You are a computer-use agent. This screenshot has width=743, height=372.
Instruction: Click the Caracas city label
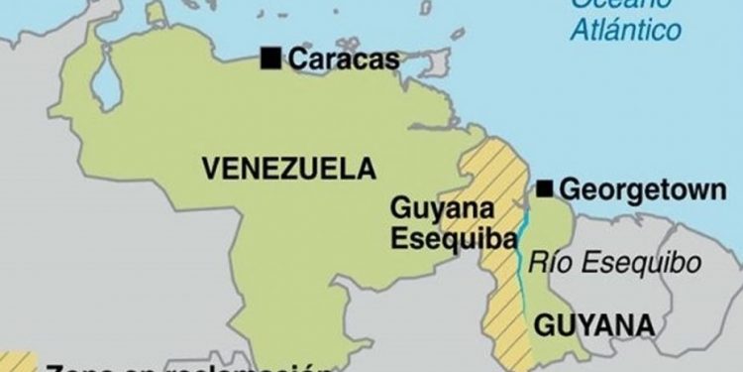pyautogui.click(x=344, y=59)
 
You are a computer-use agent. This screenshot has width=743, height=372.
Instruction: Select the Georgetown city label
pyautogui.click(x=642, y=189)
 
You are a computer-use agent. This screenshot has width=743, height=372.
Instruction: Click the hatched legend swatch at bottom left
pyautogui.click(x=18, y=363)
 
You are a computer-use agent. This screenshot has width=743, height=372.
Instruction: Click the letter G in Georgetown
pyautogui.click(x=571, y=189)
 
